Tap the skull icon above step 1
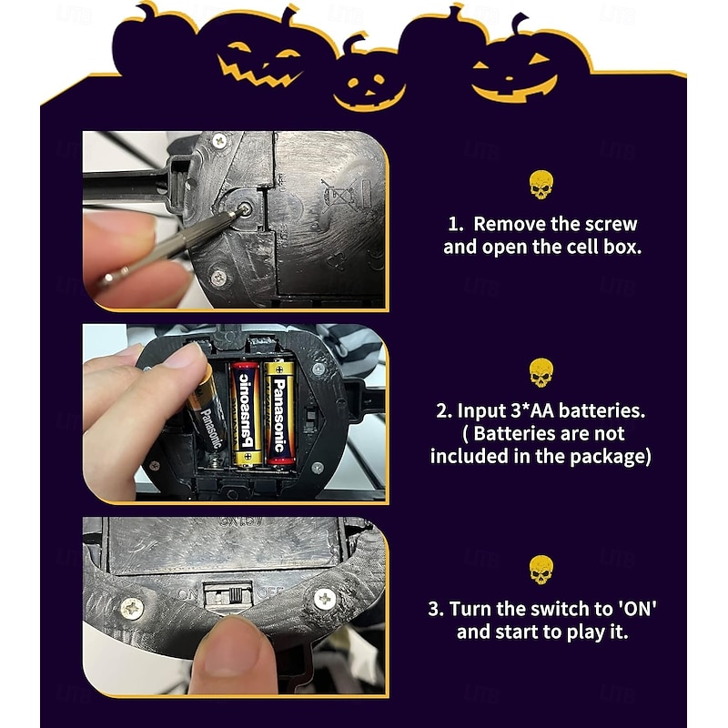(x=541, y=185)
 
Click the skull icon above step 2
(x=541, y=372)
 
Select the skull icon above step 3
(x=541, y=569)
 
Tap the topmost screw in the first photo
(x=219, y=141)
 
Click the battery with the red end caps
(x=246, y=414)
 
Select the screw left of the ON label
(x=132, y=608)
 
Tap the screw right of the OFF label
(x=324, y=598)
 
